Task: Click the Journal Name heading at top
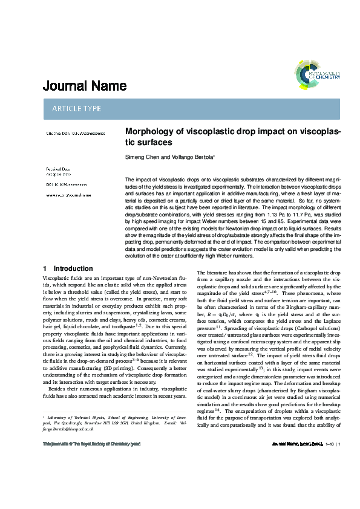click(84, 86)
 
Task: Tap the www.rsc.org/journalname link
click(68, 195)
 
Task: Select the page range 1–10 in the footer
click(328, 495)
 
